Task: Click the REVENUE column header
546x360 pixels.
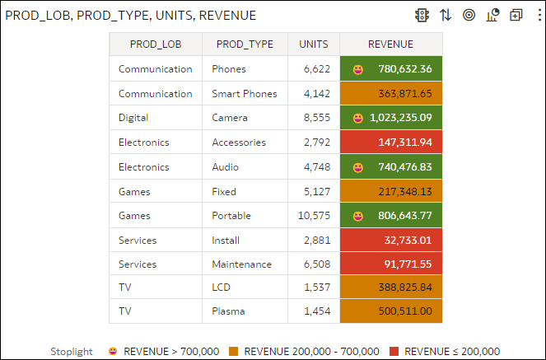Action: [x=390, y=44]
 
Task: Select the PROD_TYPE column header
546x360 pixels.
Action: [x=245, y=44]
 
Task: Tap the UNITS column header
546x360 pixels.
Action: [x=314, y=44]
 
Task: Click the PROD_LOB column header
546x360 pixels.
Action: [x=156, y=44]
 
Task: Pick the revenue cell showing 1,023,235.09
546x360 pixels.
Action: [x=400, y=118]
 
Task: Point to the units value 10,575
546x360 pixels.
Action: [x=314, y=216]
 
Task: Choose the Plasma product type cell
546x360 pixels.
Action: [x=228, y=313]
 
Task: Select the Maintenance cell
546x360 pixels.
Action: [x=241, y=264]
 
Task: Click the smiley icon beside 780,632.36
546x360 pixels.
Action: [x=358, y=69]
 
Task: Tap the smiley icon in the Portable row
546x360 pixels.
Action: [x=358, y=216]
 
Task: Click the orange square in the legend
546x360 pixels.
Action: [x=233, y=352]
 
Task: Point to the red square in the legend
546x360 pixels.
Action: [x=393, y=352]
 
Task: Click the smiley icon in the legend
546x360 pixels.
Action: [x=112, y=352]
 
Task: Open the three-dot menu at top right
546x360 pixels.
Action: [x=539, y=15]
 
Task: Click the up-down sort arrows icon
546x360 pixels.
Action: [x=446, y=15]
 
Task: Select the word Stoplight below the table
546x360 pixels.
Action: [x=72, y=352]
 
